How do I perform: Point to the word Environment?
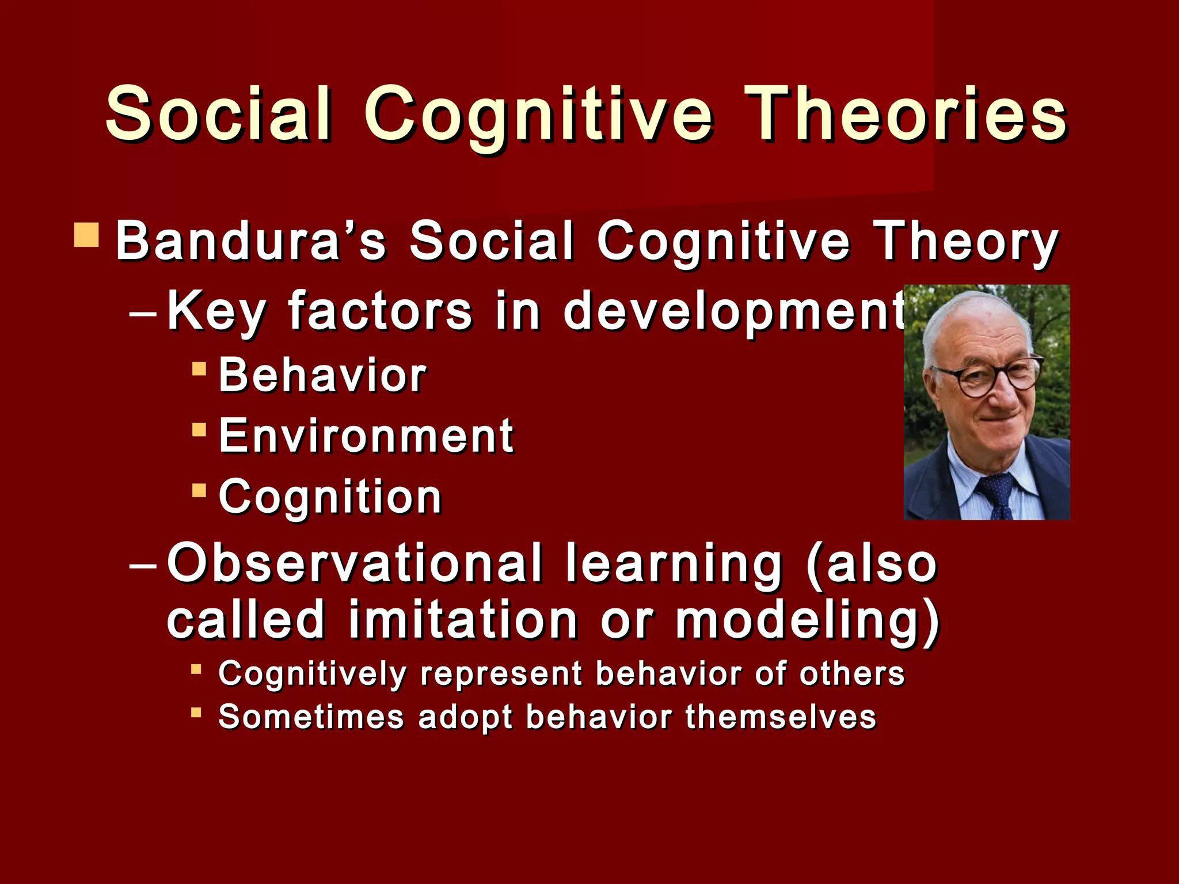click(x=366, y=436)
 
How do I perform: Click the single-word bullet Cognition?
click(x=330, y=497)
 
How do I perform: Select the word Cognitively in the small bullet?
click(x=313, y=674)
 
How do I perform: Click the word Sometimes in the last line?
click(x=311, y=717)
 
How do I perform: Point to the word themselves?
click(x=780, y=717)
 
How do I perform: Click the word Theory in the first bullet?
click(x=965, y=242)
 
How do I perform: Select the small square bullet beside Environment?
click(x=199, y=429)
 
